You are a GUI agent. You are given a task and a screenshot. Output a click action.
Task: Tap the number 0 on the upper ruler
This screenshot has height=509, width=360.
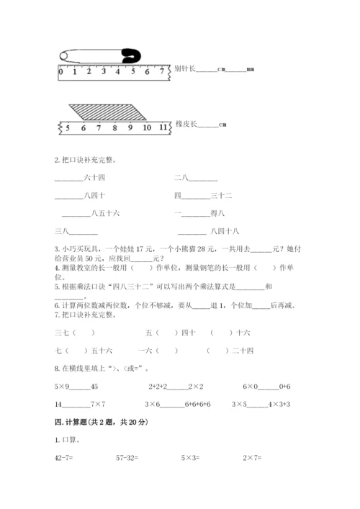(x=60, y=72)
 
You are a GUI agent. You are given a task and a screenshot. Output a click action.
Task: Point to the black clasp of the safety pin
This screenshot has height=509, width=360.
(x=131, y=55)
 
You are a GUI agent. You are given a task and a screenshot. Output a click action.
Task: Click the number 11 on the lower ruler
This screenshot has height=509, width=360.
(x=165, y=127)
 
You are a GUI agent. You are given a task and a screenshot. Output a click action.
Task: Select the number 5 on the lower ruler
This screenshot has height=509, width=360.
(x=68, y=127)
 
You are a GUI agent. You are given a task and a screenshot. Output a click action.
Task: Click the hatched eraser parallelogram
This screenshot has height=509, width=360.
(x=108, y=112)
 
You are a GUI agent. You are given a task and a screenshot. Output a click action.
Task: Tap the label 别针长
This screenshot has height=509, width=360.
(x=185, y=70)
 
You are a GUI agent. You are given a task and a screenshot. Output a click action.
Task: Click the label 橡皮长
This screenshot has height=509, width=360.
(x=185, y=124)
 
